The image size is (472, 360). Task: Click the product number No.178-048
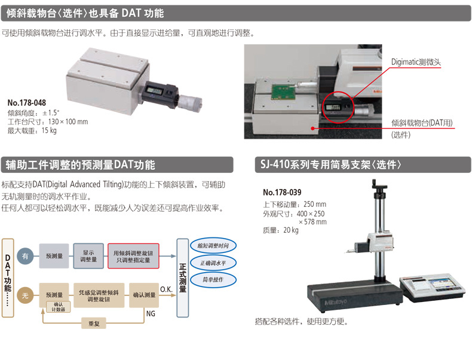pos(26,103)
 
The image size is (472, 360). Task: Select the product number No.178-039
pos(282,193)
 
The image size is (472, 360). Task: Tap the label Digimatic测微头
pos(416,62)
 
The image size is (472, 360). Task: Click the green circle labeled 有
pos(24,255)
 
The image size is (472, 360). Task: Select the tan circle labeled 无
pos(24,294)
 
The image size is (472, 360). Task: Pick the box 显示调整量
pos(88,255)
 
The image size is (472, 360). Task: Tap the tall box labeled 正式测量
pos(183,277)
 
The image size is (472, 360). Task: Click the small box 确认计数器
pos(59,306)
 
